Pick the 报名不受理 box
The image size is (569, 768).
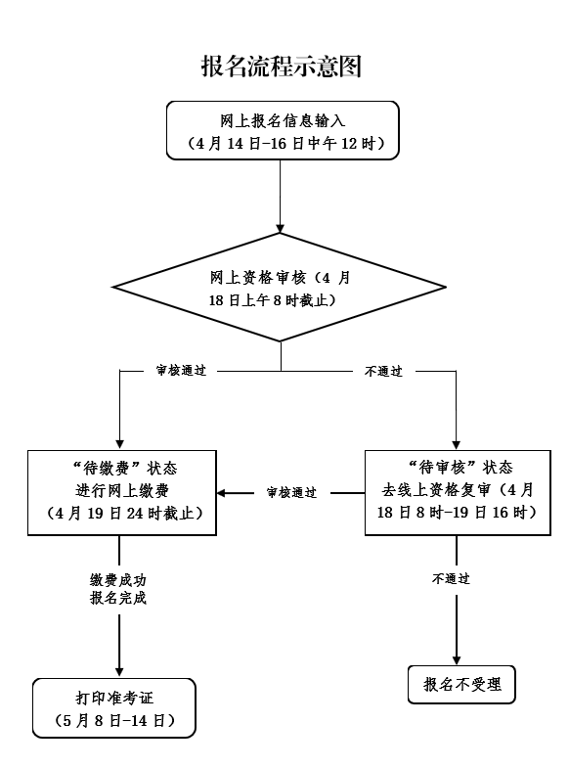tap(461, 685)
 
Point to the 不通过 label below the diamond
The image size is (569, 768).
tap(383, 372)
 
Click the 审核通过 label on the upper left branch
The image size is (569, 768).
tap(181, 372)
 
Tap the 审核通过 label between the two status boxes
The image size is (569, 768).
tap(291, 493)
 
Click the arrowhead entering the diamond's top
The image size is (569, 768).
tap(281, 226)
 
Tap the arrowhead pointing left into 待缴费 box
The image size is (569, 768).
tap(223, 493)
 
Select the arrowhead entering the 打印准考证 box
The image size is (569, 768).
tap(118, 672)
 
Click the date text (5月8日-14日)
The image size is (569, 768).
tap(114, 721)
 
